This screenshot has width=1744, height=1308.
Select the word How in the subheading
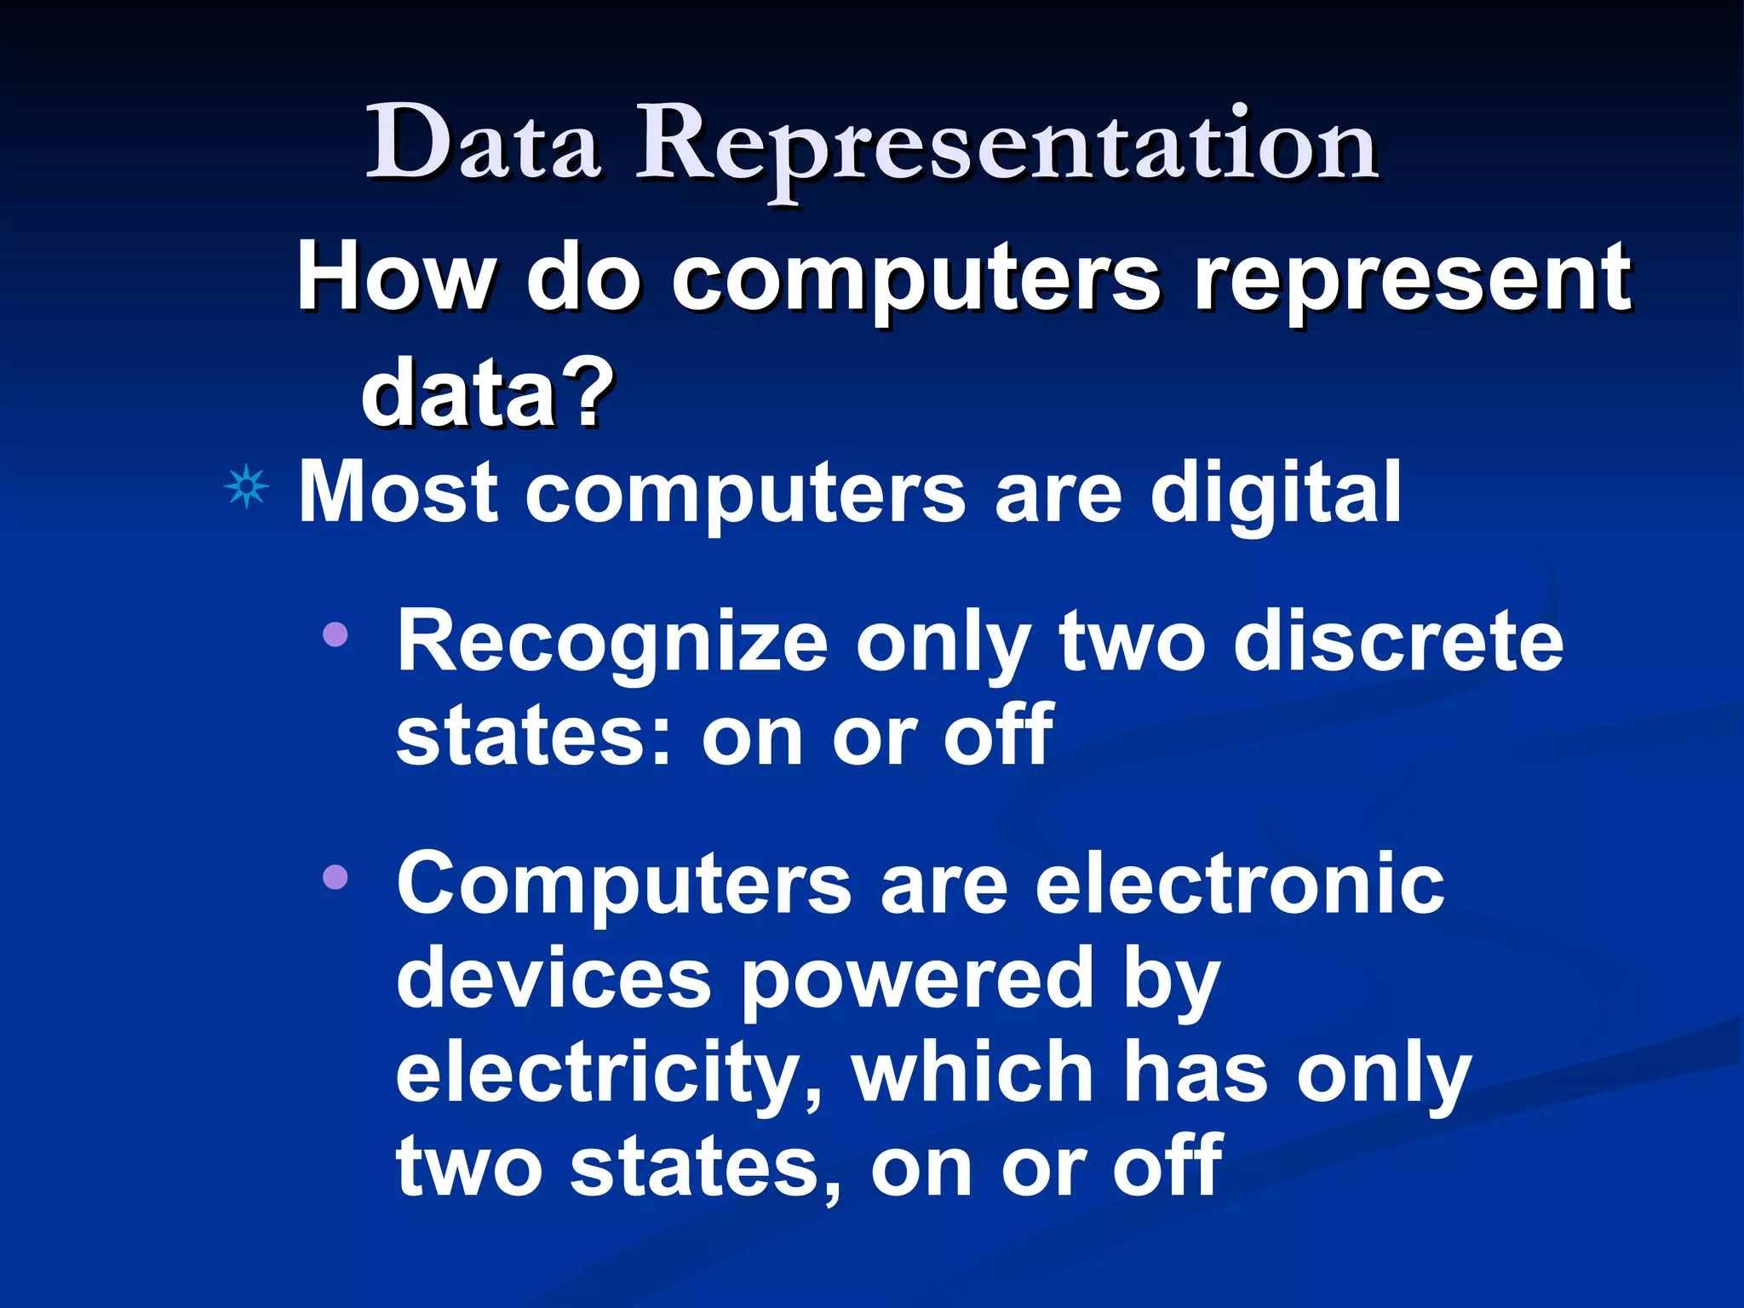pos(394,278)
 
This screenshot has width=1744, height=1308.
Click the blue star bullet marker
pos(246,488)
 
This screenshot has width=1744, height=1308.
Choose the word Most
pos(398,491)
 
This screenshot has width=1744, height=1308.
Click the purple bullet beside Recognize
pos(336,634)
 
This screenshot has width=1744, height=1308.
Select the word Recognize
pos(612,643)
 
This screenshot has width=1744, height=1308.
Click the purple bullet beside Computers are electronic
pos(336,876)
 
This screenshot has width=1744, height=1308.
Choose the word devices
pos(553,978)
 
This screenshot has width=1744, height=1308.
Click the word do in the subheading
pos(582,278)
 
